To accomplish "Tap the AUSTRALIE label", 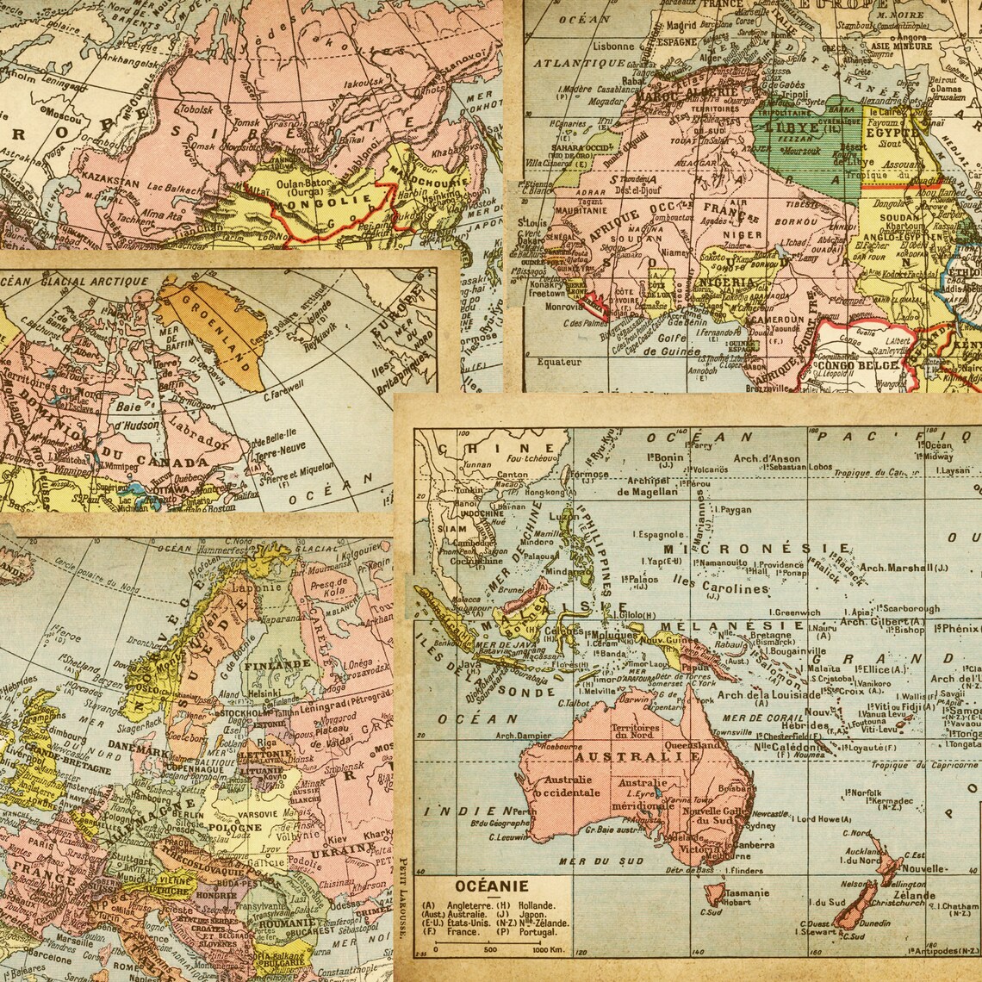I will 637,756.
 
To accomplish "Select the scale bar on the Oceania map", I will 487,943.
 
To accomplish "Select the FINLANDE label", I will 277,665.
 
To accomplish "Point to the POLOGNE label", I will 233,828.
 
